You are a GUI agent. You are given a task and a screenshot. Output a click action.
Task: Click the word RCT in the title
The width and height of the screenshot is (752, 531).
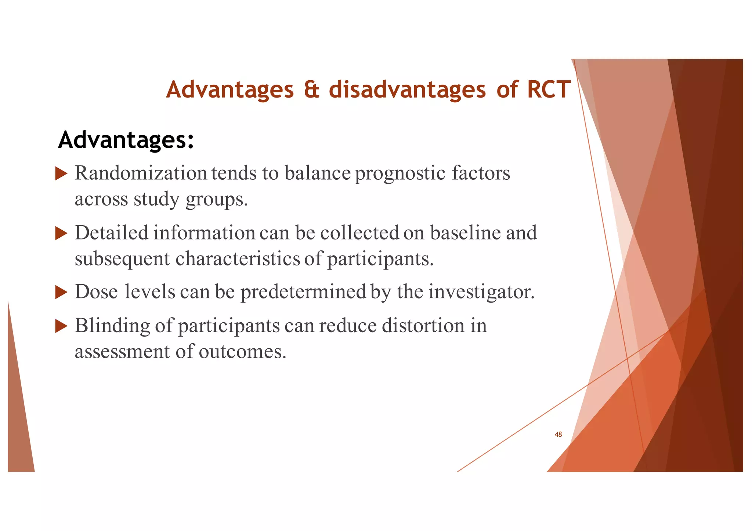(549, 89)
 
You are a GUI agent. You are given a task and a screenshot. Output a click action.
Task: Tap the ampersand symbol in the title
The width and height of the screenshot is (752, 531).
(311, 90)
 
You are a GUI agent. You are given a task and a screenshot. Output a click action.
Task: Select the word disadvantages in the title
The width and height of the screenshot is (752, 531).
(407, 90)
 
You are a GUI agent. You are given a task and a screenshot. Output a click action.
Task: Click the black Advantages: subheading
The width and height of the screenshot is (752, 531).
(126, 140)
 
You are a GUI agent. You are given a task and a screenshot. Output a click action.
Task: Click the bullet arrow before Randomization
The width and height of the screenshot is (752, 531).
(61, 173)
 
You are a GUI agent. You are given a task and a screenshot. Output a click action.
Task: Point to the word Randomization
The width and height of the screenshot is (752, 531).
(141, 173)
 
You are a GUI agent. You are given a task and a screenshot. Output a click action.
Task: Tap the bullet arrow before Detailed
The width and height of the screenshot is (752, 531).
(61, 233)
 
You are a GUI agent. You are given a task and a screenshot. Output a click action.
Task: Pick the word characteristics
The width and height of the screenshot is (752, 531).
(238, 259)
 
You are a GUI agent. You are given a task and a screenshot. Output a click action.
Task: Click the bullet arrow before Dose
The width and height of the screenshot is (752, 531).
(61, 293)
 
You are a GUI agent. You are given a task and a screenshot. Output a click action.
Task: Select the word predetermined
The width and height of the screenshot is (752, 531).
(303, 292)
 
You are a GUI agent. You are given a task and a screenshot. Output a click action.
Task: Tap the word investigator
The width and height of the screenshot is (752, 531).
(481, 292)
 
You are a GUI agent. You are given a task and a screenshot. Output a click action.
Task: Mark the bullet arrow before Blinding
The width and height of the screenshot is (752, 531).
(61, 326)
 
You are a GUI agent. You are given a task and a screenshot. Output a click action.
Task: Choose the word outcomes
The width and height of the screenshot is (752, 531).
(242, 352)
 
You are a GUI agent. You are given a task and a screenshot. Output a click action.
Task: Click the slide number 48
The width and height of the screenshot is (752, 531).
(558, 435)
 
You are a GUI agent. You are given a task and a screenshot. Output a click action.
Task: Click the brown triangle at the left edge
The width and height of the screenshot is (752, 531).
(18, 422)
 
